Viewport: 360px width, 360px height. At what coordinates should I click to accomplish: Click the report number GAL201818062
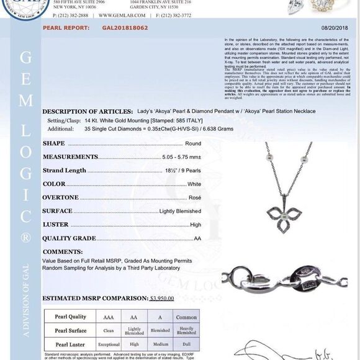point(125,28)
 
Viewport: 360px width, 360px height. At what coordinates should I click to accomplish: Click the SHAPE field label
point(54,143)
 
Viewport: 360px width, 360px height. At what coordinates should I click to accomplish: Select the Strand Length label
point(65,170)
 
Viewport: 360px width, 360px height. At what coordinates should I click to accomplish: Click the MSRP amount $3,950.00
point(162,298)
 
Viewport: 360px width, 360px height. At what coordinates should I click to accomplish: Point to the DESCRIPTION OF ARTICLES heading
point(86,111)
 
